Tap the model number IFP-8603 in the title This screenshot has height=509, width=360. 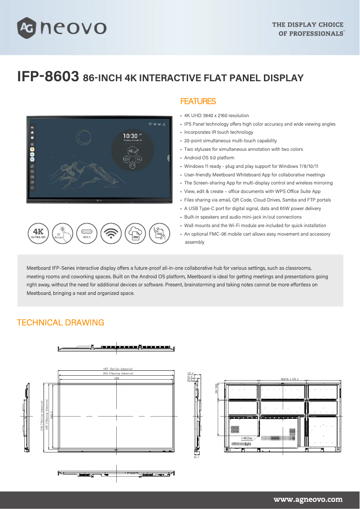pos(48,77)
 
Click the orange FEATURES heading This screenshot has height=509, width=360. pos(198,101)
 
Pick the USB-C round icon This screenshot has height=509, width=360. pos(88,233)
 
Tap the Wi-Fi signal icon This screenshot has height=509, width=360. pos(112,233)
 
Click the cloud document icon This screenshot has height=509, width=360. pos(136,233)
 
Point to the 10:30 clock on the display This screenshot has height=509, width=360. pos(130,136)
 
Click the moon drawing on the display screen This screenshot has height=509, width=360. pos(83,137)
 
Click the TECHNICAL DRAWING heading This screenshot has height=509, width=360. pos(60,322)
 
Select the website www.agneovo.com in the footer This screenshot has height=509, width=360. pos(308,499)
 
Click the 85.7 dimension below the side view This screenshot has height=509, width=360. pos(196,457)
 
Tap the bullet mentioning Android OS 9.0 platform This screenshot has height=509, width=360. pos(209,158)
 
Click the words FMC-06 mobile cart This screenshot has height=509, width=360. pos(224,234)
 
